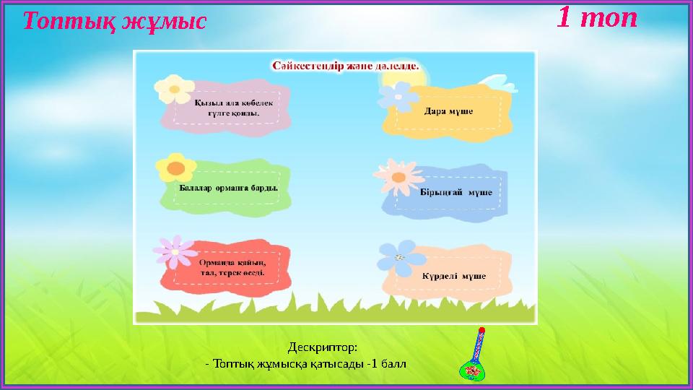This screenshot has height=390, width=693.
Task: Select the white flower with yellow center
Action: point(172,89)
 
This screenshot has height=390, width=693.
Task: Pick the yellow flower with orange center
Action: point(175,168)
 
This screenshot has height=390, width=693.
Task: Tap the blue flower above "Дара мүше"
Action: point(396,95)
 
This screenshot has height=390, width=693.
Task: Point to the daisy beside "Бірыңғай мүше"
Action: point(396,177)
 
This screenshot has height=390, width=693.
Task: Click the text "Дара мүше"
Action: point(448,112)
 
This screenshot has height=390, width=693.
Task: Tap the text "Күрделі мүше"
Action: point(453,276)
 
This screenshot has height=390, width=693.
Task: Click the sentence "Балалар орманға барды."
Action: point(228,186)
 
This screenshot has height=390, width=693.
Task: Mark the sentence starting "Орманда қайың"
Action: point(232,267)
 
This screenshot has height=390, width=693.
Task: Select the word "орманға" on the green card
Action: point(235,186)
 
